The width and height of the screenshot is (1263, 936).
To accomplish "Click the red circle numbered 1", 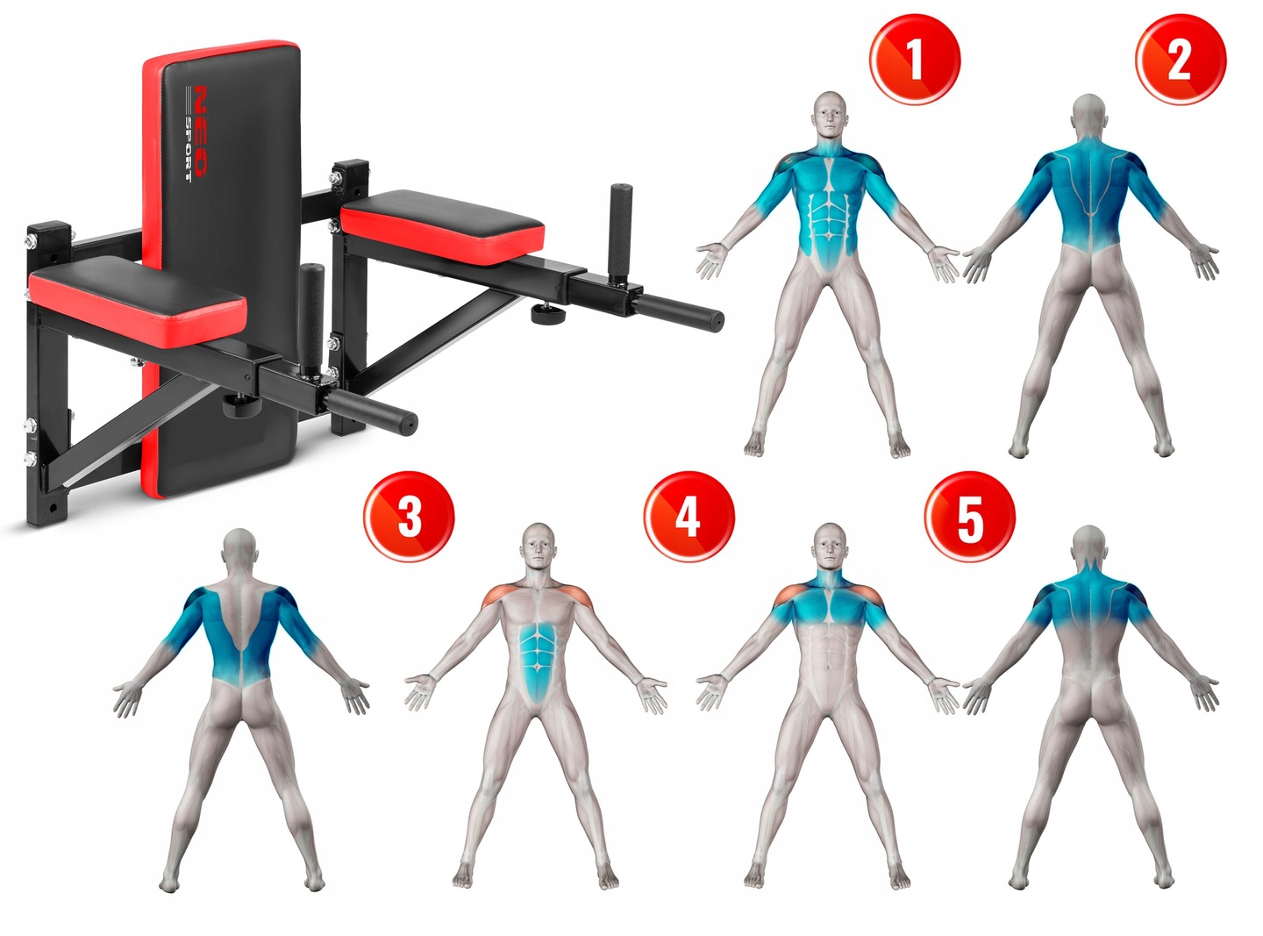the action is coord(915,60).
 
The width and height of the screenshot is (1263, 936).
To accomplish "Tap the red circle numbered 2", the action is coord(1181,60).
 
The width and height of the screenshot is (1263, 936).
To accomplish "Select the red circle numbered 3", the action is coord(409,516).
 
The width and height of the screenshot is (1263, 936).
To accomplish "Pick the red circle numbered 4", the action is coord(689,516).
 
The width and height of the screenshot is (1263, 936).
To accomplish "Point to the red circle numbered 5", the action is coord(970,516).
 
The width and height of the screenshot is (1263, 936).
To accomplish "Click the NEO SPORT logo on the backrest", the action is coord(197,133).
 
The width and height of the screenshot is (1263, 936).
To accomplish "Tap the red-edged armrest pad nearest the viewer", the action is coord(138,302).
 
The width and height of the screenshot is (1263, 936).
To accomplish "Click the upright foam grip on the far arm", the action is coord(621,233).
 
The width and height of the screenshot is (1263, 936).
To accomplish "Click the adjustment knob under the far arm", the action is coord(546,313).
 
